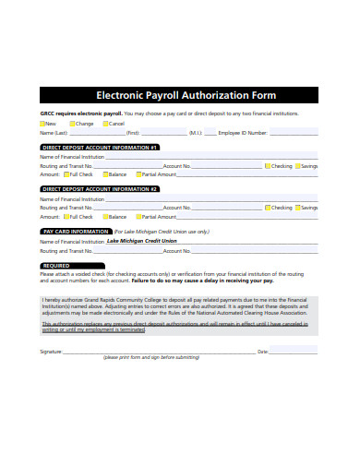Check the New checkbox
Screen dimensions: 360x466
[43, 123]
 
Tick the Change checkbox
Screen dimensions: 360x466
[72, 123]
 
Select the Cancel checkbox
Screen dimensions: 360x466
[106, 123]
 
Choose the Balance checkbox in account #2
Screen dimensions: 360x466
[105, 216]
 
